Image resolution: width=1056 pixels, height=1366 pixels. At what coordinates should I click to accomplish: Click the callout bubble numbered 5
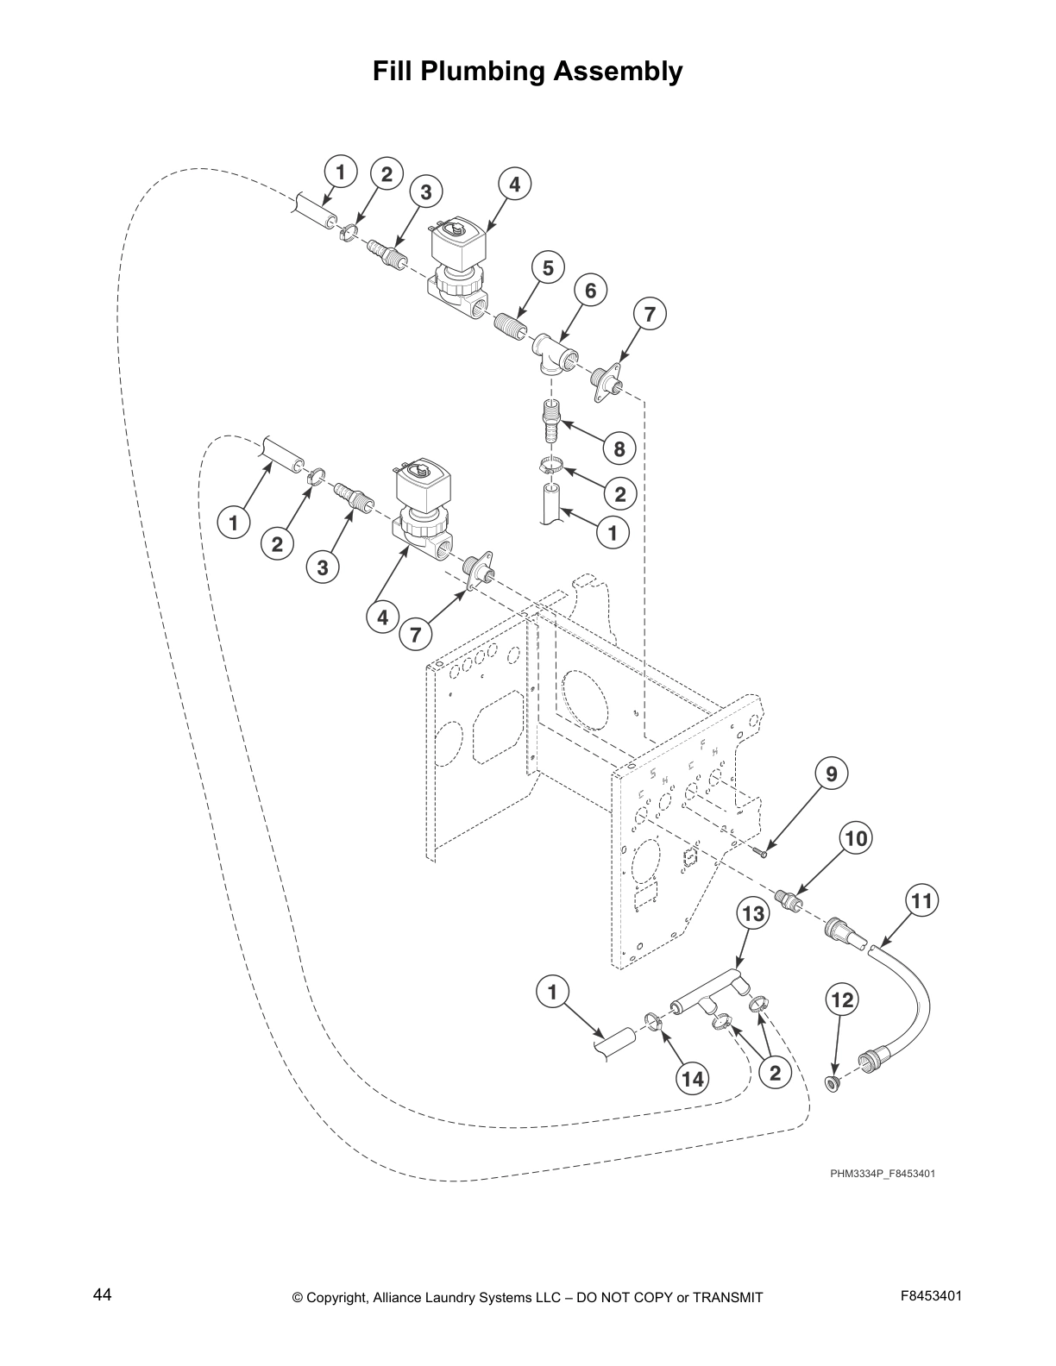pyautogui.click(x=548, y=269)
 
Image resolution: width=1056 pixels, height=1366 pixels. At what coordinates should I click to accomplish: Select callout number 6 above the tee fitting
pyautogui.click(x=590, y=291)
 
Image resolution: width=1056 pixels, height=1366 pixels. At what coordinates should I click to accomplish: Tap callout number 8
pyautogui.click(x=619, y=448)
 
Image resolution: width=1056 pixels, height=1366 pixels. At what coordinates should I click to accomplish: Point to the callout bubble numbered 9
pyautogui.click(x=831, y=774)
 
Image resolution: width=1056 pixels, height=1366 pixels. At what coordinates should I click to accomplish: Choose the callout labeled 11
pyautogui.click(x=921, y=901)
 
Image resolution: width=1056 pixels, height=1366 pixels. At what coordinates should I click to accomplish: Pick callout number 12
pyautogui.click(x=841, y=999)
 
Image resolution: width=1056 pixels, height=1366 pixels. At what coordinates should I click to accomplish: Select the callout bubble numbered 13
pyautogui.click(x=753, y=914)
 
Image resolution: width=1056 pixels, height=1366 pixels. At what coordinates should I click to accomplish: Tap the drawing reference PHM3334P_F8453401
pyautogui.click(x=883, y=1174)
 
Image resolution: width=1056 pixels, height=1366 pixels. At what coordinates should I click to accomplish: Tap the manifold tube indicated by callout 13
pyautogui.click(x=707, y=993)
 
